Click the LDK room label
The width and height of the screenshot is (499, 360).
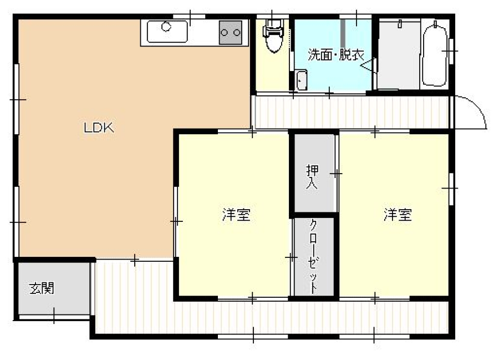(x=99, y=128)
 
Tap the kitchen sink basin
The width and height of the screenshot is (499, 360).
(x=167, y=32)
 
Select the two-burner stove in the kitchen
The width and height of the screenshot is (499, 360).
(x=231, y=32)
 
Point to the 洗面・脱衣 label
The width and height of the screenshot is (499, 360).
(x=336, y=55)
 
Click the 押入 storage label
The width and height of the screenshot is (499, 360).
(x=312, y=177)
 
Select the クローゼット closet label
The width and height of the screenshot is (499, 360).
(x=313, y=256)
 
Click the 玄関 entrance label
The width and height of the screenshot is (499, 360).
(x=42, y=288)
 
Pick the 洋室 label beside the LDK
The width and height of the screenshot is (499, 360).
(x=236, y=215)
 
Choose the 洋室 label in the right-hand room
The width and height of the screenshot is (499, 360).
(x=398, y=215)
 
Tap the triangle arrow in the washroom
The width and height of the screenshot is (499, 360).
(x=367, y=65)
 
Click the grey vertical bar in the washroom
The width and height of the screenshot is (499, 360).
(x=343, y=33)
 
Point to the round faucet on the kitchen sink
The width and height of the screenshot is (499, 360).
(x=166, y=27)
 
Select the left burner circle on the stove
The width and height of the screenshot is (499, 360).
(x=224, y=33)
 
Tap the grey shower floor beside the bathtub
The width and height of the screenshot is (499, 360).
(x=399, y=54)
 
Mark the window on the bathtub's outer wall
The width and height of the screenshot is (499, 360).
(x=451, y=51)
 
